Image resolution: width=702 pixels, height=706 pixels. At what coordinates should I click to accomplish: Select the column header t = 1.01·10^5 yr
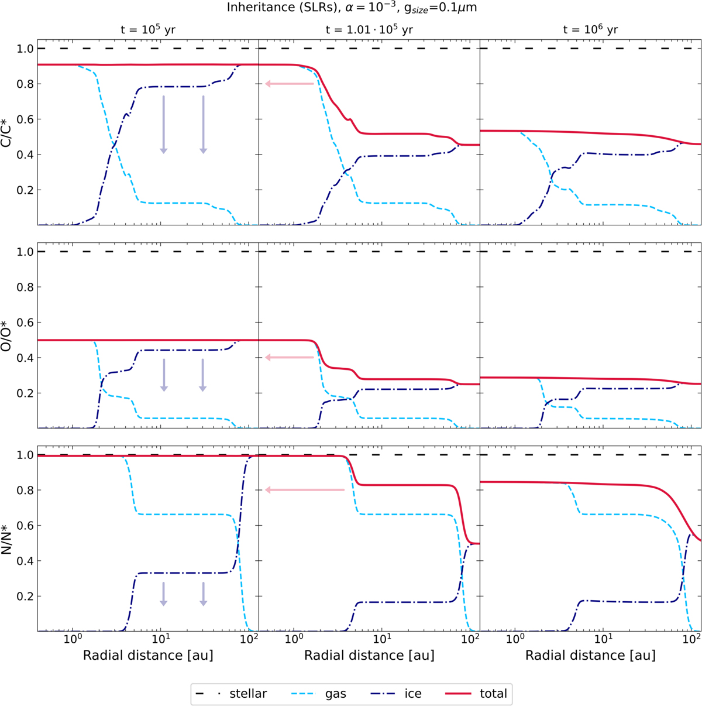point(369,30)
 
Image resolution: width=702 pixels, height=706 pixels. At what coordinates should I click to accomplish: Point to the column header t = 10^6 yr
point(590,30)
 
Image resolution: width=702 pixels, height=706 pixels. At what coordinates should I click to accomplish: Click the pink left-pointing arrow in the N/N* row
point(305,490)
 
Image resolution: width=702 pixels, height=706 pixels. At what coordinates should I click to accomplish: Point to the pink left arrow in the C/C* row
point(290,84)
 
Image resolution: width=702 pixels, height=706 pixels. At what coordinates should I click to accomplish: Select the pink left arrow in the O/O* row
point(290,357)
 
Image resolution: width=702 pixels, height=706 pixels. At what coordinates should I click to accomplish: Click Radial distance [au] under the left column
point(147,655)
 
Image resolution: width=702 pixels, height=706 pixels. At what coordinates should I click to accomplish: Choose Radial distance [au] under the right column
point(590,655)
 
